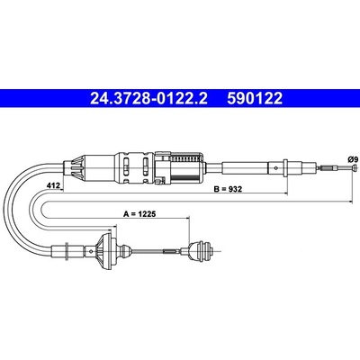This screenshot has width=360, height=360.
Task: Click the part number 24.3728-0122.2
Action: click(x=148, y=98)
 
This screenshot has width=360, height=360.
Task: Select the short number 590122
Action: click(x=255, y=98)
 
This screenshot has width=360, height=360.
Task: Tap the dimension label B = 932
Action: click(x=228, y=189)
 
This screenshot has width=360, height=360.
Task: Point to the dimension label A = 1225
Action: click(x=140, y=214)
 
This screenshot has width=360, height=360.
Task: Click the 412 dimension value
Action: click(x=52, y=186)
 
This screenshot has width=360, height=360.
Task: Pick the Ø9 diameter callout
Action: click(x=352, y=159)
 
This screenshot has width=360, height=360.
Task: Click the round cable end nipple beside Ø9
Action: click(x=355, y=168)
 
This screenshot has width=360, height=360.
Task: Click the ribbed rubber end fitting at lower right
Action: click(x=201, y=250)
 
